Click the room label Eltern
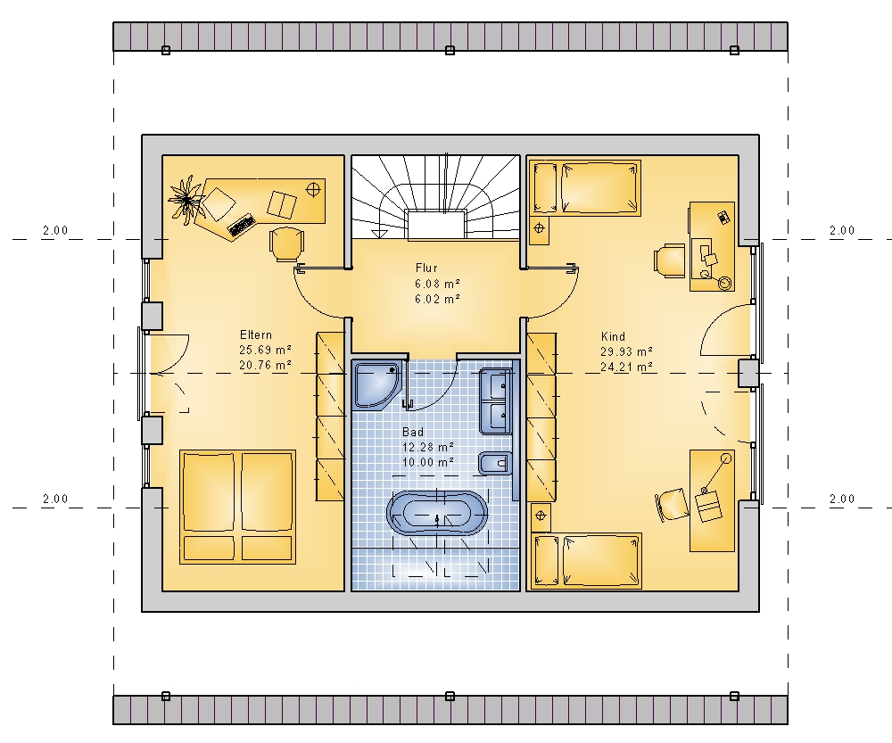(x=255, y=334)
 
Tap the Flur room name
(x=426, y=268)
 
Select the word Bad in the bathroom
(x=412, y=432)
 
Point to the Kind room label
(x=613, y=336)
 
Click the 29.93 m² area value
(x=626, y=351)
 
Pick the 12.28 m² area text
(x=428, y=447)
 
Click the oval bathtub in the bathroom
(x=437, y=514)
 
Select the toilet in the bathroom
(x=494, y=464)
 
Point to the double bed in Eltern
(x=238, y=507)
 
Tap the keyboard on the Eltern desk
(x=241, y=225)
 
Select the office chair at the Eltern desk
(x=285, y=244)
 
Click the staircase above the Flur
(x=436, y=197)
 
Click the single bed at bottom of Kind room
(x=586, y=561)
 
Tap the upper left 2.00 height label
(x=55, y=230)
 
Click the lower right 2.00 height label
(x=842, y=499)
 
